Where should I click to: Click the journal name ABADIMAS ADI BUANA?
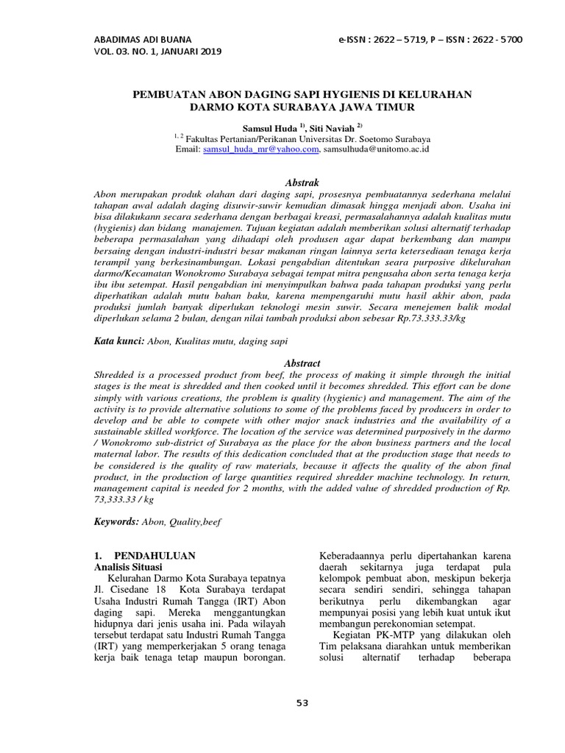[143, 39]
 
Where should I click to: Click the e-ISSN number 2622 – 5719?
[404, 39]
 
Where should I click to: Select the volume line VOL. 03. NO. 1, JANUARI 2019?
[157, 51]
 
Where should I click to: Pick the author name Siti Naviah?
[327, 127]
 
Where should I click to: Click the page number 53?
[302, 703]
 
